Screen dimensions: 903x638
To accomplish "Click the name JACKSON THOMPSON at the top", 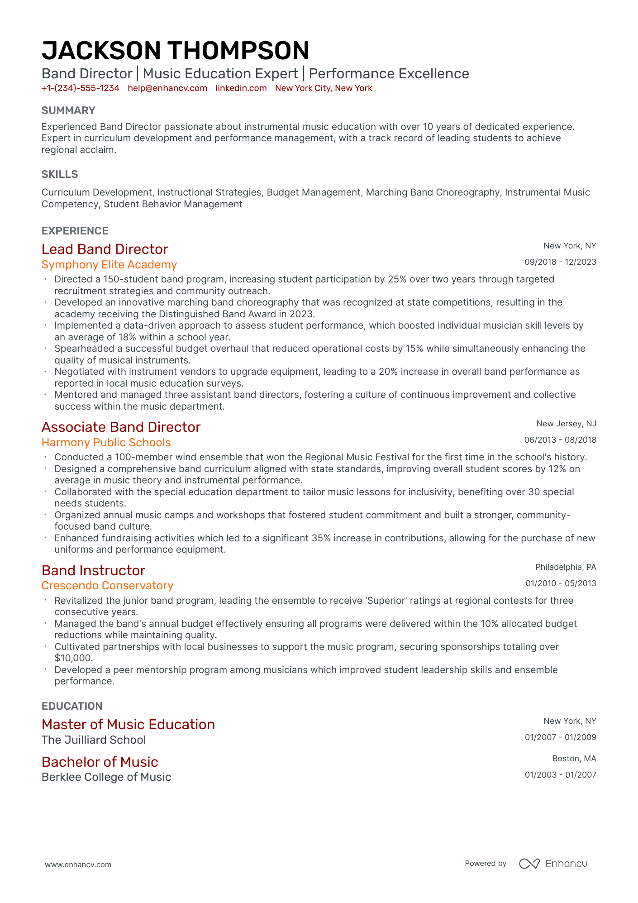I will [x=175, y=51].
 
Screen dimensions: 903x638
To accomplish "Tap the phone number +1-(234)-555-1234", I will [x=81, y=88].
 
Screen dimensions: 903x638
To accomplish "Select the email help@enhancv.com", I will [x=167, y=88].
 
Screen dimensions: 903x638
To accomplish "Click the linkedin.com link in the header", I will [x=241, y=88].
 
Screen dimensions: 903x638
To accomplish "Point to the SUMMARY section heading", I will [x=68, y=110].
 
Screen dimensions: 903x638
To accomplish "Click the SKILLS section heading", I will [x=60, y=174].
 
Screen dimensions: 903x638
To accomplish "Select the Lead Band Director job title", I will [x=105, y=249].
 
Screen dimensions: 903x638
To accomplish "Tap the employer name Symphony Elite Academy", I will [x=109, y=265].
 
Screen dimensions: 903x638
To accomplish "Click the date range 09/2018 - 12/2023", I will [x=560, y=262].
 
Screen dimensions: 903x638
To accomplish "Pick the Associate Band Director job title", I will [x=121, y=427].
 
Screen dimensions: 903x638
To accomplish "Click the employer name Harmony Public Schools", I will [x=106, y=443].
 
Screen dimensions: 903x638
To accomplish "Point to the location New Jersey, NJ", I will [x=566, y=424].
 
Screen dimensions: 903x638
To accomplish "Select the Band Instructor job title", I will [x=93, y=571].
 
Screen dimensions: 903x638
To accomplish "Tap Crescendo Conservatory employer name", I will [x=107, y=586].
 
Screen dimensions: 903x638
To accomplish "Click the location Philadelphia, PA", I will [x=566, y=567].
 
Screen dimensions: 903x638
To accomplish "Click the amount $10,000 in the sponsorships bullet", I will [x=73, y=658].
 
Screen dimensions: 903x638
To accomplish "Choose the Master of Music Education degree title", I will [x=128, y=725].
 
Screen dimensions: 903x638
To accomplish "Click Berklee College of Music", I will [x=106, y=777].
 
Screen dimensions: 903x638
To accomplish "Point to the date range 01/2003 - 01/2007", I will [x=560, y=775].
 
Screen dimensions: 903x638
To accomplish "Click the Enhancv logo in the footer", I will [x=553, y=864].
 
